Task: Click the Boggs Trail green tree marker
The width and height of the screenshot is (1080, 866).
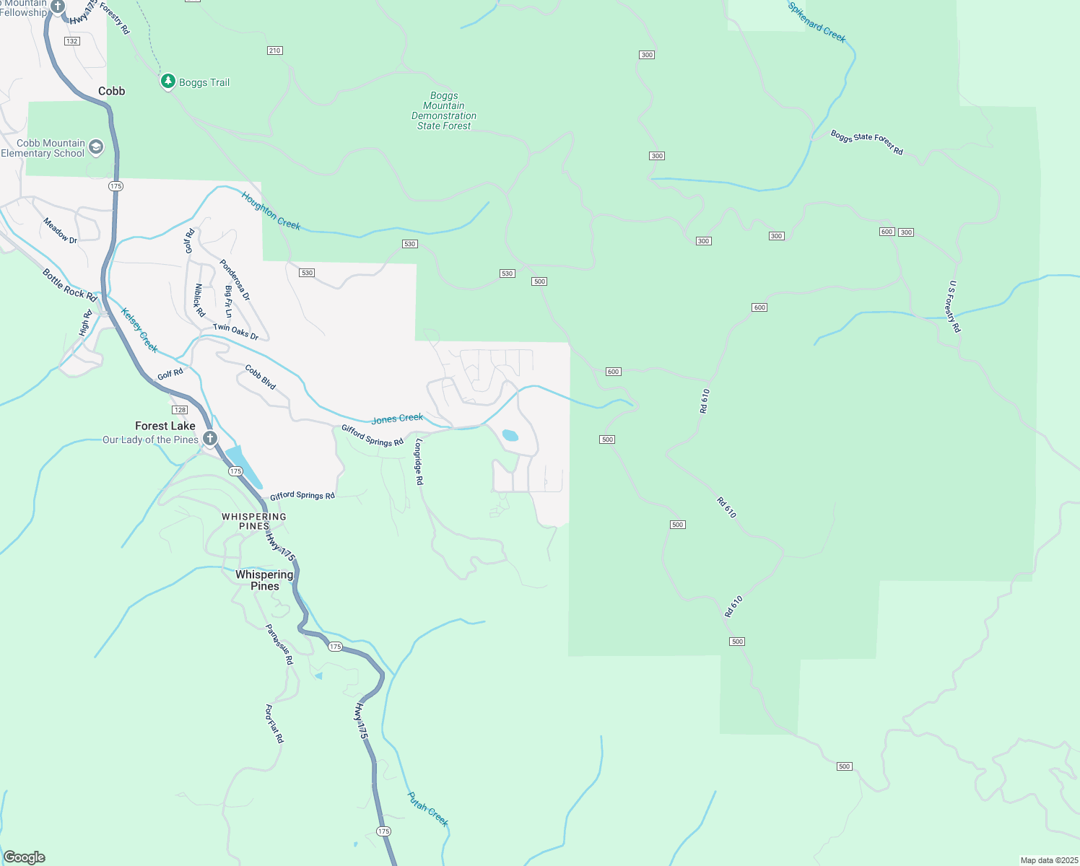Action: tap(167, 82)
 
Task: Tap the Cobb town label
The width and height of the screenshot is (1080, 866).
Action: tap(112, 91)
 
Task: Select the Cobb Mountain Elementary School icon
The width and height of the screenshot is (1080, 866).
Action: tap(96, 148)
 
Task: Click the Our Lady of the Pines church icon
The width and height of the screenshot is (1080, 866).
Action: tap(210, 438)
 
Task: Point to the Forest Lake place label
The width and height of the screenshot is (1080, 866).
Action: tap(165, 426)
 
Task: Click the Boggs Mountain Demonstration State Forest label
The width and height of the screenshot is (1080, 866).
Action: tap(444, 110)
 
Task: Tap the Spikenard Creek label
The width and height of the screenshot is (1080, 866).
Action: tap(816, 22)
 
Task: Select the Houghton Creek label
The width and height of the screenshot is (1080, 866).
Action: tap(271, 211)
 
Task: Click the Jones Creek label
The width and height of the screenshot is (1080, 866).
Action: tap(397, 419)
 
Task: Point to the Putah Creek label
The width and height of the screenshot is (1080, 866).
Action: tap(428, 809)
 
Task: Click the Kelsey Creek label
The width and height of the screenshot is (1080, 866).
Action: tap(139, 331)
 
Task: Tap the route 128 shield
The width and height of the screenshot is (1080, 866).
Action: tap(180, 410)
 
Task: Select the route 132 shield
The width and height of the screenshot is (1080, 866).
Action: tap(71, 41)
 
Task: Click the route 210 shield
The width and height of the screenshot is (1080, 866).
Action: tap(274, 51)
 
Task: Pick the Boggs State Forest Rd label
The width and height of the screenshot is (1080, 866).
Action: tap(866, 142)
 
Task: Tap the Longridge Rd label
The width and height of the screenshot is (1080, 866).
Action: tap(419, 462)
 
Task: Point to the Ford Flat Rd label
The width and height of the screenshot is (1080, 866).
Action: tap(274, 724)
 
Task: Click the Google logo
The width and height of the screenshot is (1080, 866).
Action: tap(25, 857)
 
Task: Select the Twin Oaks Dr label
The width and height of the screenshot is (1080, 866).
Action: tap(235, 331)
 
